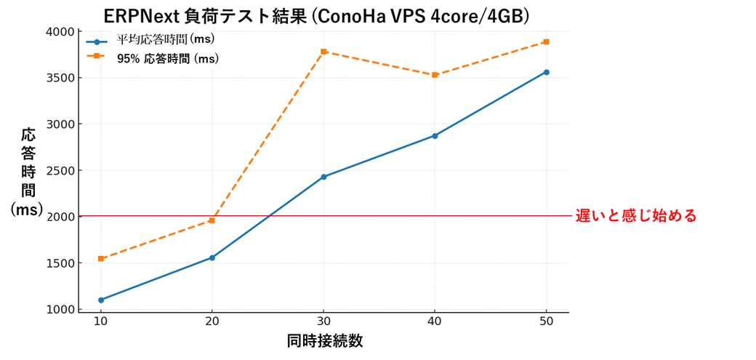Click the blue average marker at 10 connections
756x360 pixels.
[101, 300]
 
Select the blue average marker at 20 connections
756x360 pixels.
[212, 257]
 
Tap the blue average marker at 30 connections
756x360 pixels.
[323, 177]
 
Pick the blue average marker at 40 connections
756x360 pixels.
[435, 136]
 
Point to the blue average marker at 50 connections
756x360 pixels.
[546, 72]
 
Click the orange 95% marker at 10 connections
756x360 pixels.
[101, 259]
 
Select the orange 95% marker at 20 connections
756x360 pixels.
[212, 220]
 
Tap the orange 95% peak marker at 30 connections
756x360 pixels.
[323, 52]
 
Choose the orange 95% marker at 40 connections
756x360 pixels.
[435, 75]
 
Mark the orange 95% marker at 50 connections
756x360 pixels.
[546, 42]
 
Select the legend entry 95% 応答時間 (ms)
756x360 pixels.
[167, 58]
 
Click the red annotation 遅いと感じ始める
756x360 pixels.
[636, 216]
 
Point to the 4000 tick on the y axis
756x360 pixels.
[61, 32]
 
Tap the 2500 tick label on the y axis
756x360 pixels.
[61, 171]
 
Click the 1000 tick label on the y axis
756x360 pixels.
[61, 310]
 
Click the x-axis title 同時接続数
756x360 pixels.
[324, 341]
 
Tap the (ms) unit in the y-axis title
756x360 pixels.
[27, 209]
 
